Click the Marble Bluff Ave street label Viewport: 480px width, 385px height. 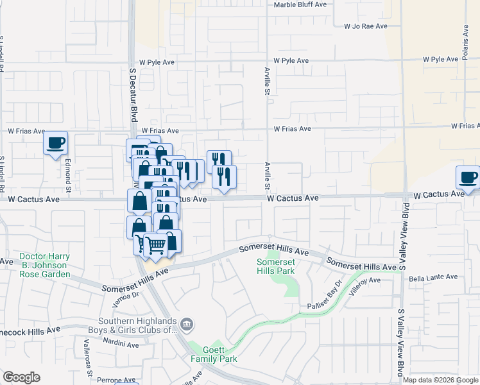300,4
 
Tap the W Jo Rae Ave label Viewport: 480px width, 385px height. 366,26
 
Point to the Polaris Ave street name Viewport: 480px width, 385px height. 465,43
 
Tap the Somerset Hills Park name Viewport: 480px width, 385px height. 275,267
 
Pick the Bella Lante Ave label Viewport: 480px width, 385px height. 433,277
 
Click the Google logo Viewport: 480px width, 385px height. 21,377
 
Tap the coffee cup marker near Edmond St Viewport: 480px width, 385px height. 56,142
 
